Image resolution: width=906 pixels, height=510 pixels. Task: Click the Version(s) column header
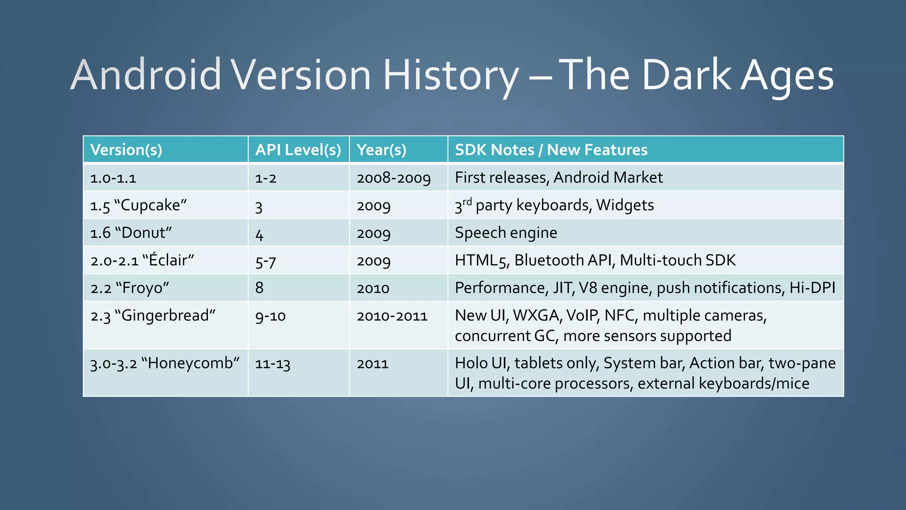point(126,150)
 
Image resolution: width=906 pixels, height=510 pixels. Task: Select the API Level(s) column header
point(298,150)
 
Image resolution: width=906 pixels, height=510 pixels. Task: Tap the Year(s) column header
point(381,150)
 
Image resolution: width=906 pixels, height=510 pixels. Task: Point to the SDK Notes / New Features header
point(551,150)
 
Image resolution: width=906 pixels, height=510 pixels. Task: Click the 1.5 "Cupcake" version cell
point(138,205)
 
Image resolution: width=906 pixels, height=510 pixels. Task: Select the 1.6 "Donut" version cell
point(131,233)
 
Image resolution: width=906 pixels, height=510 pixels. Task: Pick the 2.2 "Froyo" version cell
point(130,288)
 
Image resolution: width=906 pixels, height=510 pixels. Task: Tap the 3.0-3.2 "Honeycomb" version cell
point(165,363)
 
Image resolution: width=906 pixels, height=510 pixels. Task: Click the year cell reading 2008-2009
point(394,178)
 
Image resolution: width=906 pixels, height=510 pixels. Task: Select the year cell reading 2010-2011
point(392,316)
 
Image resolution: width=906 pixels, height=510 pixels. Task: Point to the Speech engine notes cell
point(506,233)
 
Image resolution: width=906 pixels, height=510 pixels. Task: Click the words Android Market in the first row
point(608,178)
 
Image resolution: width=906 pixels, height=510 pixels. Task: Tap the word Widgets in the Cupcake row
point(625,205)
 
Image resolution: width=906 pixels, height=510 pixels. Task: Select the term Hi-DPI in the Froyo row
point(812,288)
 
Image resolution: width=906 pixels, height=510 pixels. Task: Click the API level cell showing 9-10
point(270,316)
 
